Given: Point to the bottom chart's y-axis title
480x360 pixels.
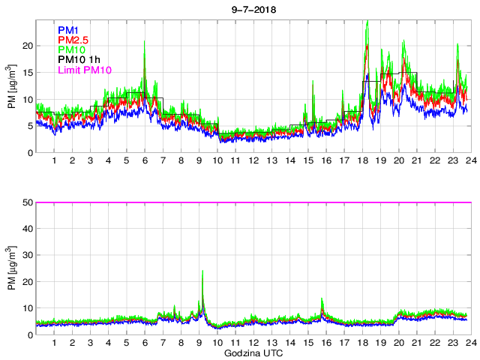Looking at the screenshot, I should pyautogui.click(x=13, y=268).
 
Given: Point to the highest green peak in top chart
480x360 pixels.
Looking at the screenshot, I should pyautogui.click(x=367, y=22).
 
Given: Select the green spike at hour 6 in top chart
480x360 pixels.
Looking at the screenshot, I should pyautogui.click(x=145, y=63).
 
